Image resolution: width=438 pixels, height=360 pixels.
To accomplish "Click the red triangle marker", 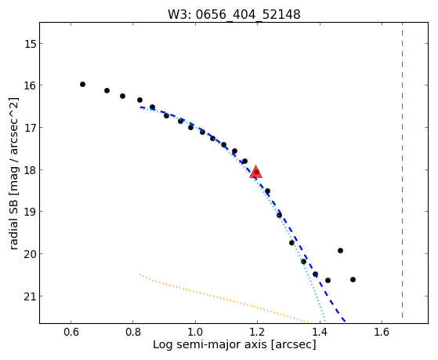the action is coord(256,172).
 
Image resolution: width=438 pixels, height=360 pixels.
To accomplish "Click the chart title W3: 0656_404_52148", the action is coord(234,14).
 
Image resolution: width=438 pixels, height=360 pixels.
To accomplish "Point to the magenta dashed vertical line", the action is coord(402,170).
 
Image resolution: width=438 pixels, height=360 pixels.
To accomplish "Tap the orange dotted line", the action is coord(223,298).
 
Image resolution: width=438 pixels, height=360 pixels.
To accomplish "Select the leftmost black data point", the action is coord(82,84).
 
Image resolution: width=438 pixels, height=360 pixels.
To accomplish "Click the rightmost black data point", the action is coord(353,279).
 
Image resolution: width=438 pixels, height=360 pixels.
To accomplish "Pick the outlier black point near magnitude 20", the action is coord(340,250).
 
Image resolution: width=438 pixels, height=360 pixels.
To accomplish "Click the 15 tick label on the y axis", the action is coord(30,44).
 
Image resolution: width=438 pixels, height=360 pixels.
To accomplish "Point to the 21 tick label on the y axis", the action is coord(30,296).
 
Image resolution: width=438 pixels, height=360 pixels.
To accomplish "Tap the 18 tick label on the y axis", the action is coord(30,170).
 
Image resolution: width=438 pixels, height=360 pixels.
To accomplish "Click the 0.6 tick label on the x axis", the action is coord(71,332).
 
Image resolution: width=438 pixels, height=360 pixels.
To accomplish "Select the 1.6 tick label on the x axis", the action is coord(382,332).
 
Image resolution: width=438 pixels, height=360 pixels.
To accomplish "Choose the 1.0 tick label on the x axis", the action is coord(195,332).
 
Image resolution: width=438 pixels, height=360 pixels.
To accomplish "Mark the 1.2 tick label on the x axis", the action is coord(257,332).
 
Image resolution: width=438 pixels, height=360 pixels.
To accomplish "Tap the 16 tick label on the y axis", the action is coord(30,85).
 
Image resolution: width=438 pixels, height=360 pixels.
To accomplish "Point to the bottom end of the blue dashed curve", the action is coord(346,322).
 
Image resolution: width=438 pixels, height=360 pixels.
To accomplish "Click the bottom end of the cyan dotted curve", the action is coord(325,322).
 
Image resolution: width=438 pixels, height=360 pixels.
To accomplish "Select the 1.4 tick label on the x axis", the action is coord(319,332).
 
